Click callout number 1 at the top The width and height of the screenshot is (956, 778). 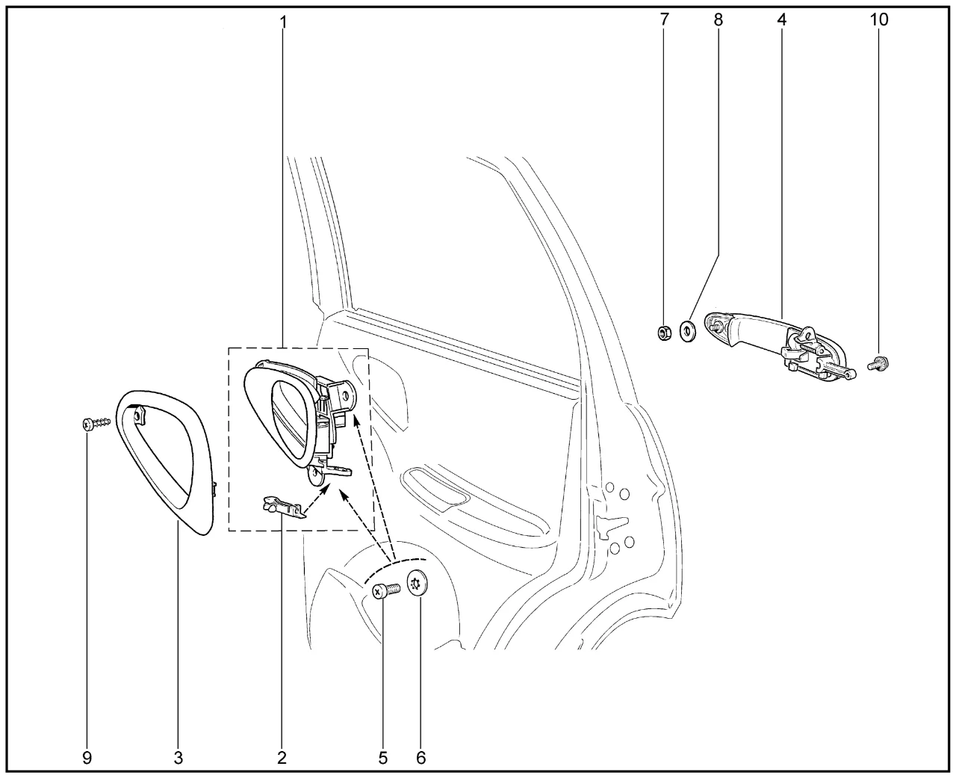click(283, 22)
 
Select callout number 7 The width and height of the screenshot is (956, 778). click(664, 19)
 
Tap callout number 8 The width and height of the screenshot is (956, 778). click(718, 19)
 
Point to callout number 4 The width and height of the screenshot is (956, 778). click(781, 19)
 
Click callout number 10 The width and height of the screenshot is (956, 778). click(879, 19)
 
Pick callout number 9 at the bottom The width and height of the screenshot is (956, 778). click(87, 759)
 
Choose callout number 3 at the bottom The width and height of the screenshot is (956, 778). click(179, 759)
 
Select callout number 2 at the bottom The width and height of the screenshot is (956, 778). click(282, 759)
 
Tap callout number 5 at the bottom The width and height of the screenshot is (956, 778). click(383, 759)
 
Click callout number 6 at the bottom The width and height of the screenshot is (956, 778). click(420, 759)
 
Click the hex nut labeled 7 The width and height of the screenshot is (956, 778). click(664, 333)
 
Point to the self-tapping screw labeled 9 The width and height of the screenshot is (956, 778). click(96, 423)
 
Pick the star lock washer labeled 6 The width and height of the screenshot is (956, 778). click(417, 584)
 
